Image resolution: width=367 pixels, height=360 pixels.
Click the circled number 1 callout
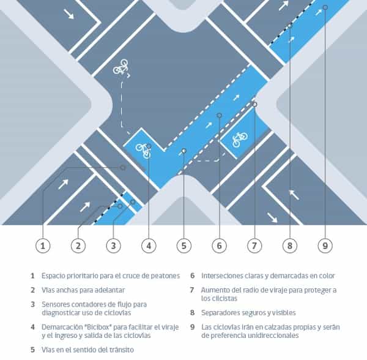click(x=43, y=246)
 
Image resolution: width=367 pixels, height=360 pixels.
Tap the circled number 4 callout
click(x=149, y=246)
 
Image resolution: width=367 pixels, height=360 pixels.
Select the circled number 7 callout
click(x=254, y=246)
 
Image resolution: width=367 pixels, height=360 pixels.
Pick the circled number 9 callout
click(x=325, y=246)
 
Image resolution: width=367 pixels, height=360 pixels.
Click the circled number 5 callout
click(x=184, y=246)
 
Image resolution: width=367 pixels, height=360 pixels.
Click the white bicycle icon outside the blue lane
click(x=121, y=67)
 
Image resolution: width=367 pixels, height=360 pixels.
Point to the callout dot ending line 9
click(x=325, y=7)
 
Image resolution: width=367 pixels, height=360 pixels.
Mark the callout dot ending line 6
click(x=220, y=115)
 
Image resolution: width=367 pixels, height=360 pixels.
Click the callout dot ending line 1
click(x=123, y=168)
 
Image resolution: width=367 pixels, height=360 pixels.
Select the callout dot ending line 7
click(x=254, y=104)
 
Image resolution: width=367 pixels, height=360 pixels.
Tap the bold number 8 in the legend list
click(x=192, y=313)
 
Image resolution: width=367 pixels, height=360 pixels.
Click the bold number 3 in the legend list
click(x=33, y=304)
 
